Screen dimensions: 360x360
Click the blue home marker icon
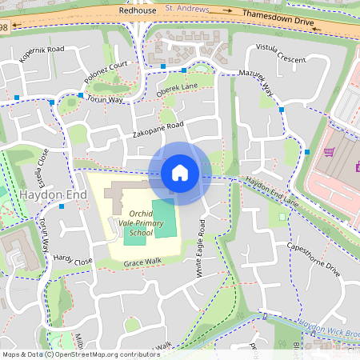click(x=179, y=172)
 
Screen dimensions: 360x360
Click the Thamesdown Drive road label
click(x=278, y=20)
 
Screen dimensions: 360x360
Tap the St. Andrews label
click(x=187, y=10)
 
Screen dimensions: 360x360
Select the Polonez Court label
click(x=106, y=74)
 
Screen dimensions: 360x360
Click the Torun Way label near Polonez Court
click(x=106, y=100)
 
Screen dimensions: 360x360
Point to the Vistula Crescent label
click(x=280, y=54)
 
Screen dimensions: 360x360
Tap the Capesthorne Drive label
click(x=313, y=260)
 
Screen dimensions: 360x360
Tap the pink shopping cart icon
click(x=328, y=152)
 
